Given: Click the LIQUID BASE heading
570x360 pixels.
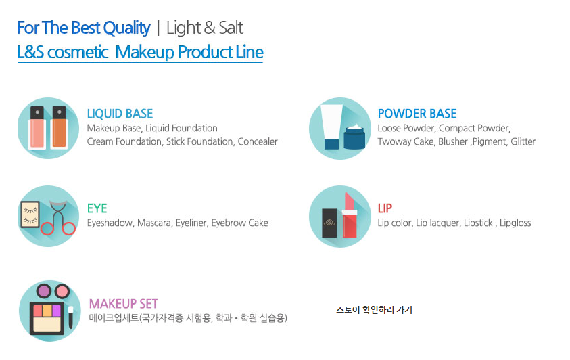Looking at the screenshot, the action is coord(120,114).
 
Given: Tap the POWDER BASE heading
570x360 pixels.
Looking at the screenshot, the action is coord(417,114).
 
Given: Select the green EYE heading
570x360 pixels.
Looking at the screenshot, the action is coord(97,208).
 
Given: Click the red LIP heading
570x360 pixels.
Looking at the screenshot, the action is coord(385,208).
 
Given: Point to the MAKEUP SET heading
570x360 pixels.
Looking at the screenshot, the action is coord(124,304).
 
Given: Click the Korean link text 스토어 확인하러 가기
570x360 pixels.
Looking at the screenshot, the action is coord(374,310).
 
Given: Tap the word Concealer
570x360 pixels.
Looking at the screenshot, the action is coord(258,141).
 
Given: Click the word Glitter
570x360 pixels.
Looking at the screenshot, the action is coord(523,141).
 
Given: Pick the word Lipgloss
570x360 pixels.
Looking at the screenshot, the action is coord(515,223).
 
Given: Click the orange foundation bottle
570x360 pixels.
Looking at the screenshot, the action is coord(60,127).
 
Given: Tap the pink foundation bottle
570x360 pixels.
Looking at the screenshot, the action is coord(37,127).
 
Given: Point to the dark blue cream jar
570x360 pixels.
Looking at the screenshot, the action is coord(354,137).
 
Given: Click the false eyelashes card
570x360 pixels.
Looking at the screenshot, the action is coord(30,215).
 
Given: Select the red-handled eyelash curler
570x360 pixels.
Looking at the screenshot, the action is coord(58,217).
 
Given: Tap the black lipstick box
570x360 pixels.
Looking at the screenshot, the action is coord(329,223).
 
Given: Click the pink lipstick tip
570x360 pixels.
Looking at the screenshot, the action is coord(349,201).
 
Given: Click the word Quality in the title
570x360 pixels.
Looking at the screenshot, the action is coord(127,28).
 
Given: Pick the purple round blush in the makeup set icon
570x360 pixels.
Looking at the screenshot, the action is coord(44,291).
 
